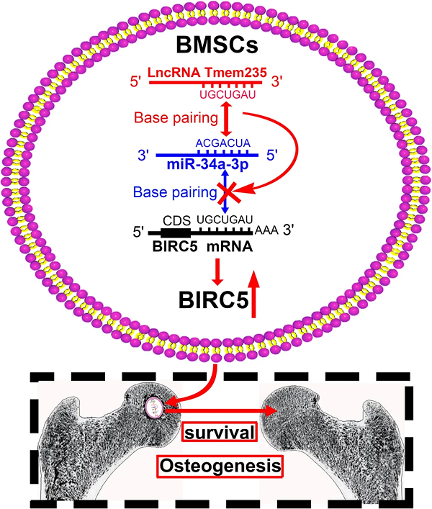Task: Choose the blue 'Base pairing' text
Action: [174, 192]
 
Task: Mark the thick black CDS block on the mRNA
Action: [175, 233]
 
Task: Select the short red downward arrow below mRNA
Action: [217, 269]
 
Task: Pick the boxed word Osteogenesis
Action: [219, 467]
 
